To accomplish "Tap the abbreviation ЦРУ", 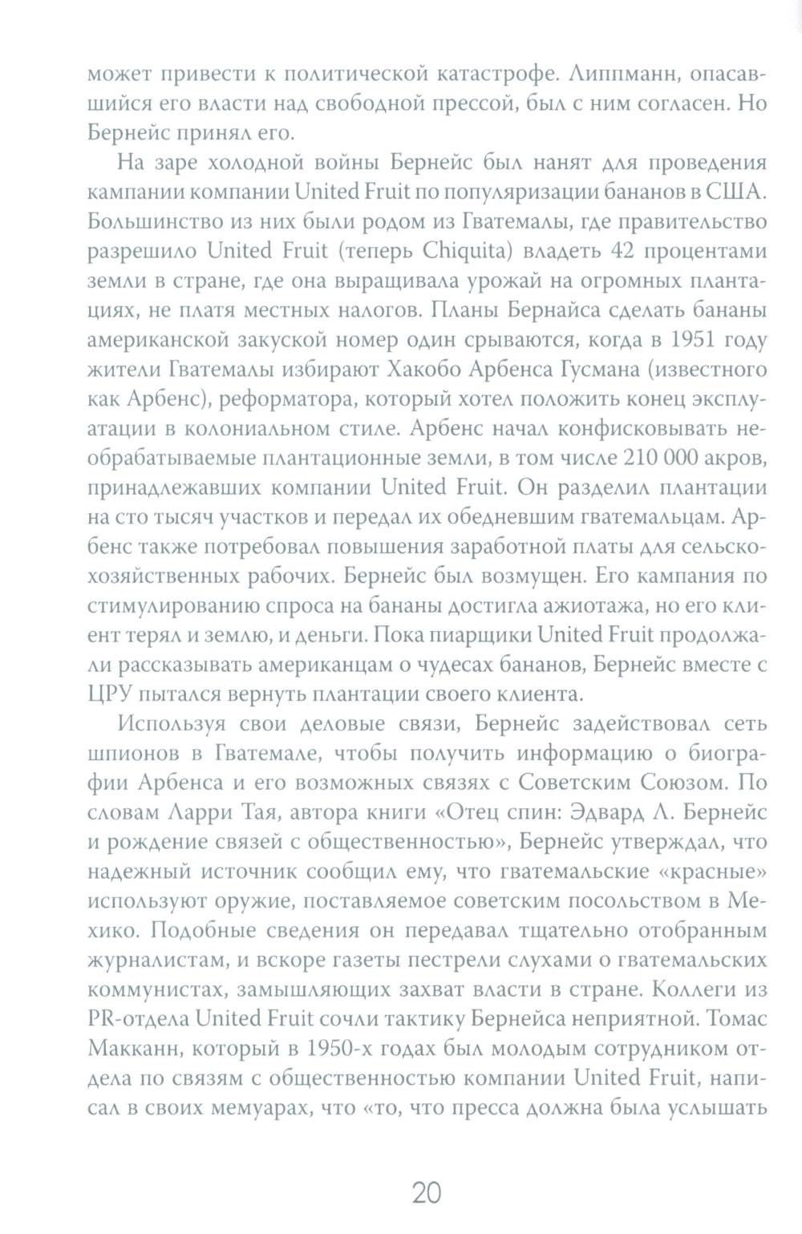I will [x=109, y=691].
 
